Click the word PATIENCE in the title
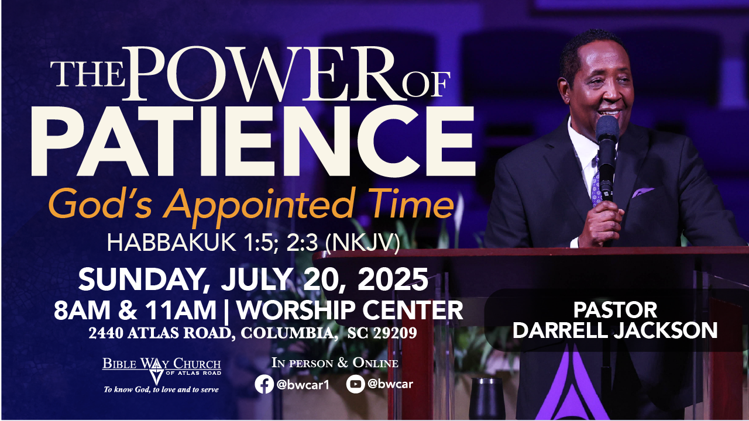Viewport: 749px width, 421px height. [x=253, y=142]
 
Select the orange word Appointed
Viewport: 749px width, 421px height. [x=258, y=205]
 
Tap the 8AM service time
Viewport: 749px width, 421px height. [x=82, y=310]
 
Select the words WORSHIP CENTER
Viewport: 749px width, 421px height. [x=350, y=310]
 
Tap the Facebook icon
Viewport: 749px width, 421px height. [x=264, y=384]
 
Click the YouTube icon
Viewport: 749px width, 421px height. [x=355, y=384]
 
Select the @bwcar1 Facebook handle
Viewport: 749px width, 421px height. [x=303, y=385]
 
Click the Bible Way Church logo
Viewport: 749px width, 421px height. [x=162, y=370]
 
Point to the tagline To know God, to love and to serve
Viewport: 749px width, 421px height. [x=161, y=389]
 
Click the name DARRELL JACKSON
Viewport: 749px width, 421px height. [x=615, y=330]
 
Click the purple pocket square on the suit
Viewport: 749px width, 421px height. [x=642, y=192]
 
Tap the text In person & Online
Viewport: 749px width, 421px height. [x=335, y=363]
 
